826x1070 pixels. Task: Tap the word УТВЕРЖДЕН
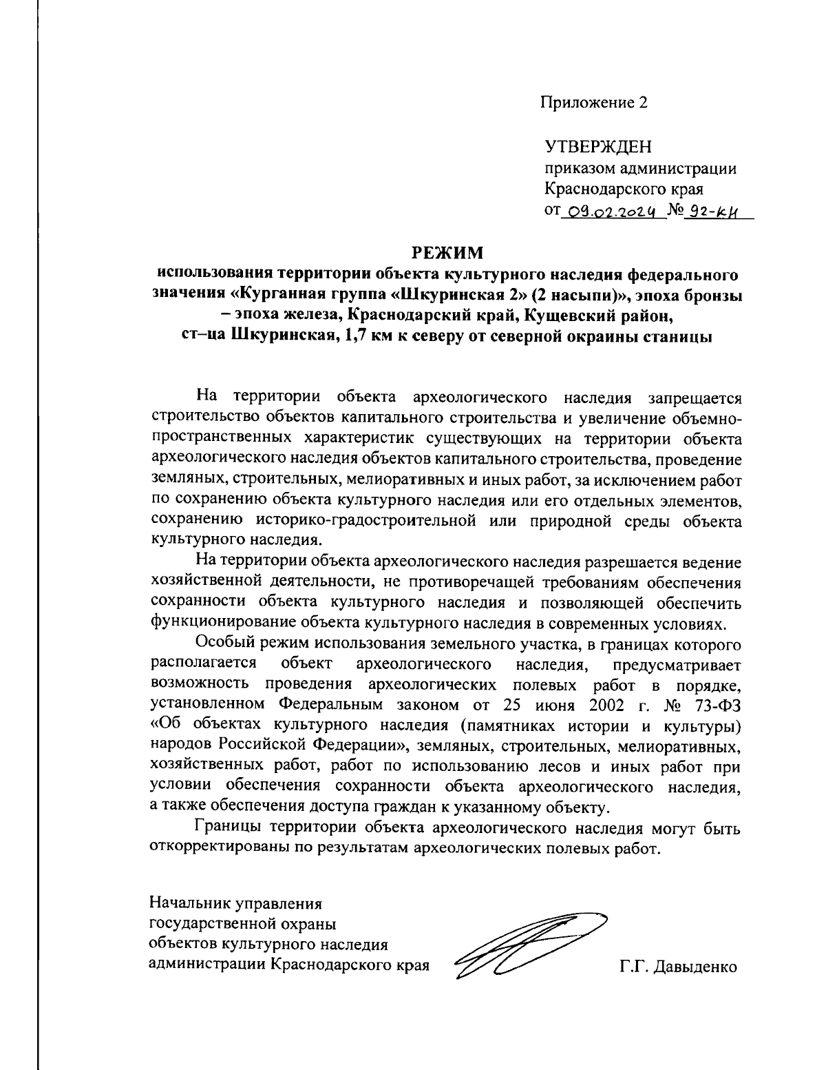tap(597, 147)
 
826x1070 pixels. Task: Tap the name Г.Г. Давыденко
tap(678, 967)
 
